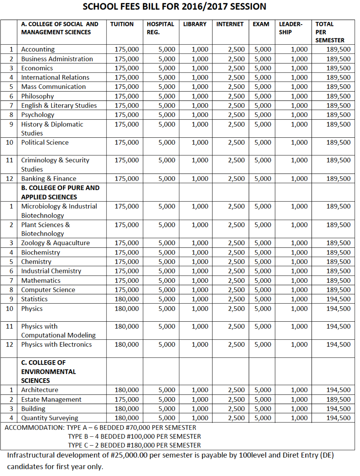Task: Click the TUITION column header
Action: pyautogui.click(x=122, y=24)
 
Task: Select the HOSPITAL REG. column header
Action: pyautogui.click(x=160, y=28)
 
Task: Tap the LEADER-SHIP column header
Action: pyautogui.click(x=290, y=28)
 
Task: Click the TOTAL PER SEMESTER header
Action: pyautogui.click(x=330, y=32)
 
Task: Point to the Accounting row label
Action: pyautogui.click(x=38, y=49)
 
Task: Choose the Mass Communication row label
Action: pyautogui.click(x=53, y=87)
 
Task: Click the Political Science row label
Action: pyautogui.click(x=45, y=142)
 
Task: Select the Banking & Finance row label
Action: pyautogui.click(x=49, y=179)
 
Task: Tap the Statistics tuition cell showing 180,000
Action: pyautogui.click(x=127, y=299)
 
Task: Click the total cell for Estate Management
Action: pyautogui.click(x=338, y=400)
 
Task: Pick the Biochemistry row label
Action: pyautogui.click(x=40, y=252)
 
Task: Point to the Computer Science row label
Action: pyautogui.click(x=48, y=290)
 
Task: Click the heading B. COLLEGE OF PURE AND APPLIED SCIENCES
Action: pyautogui.click(x=60, y=193)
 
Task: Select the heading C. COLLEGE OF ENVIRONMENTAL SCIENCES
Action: pyautogui.click(x=48, y=371)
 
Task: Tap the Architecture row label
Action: pyautogui.click(x=40, y=390)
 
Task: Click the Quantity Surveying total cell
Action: pyautogui.click(x=338, y=418)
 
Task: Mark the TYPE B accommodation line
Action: pyautogui.click(x=134, y=437)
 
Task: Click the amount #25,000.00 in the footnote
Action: pyautogui.click(x=129, y=455)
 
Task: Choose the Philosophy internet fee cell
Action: pyautogui.click(x=236, y=96)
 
